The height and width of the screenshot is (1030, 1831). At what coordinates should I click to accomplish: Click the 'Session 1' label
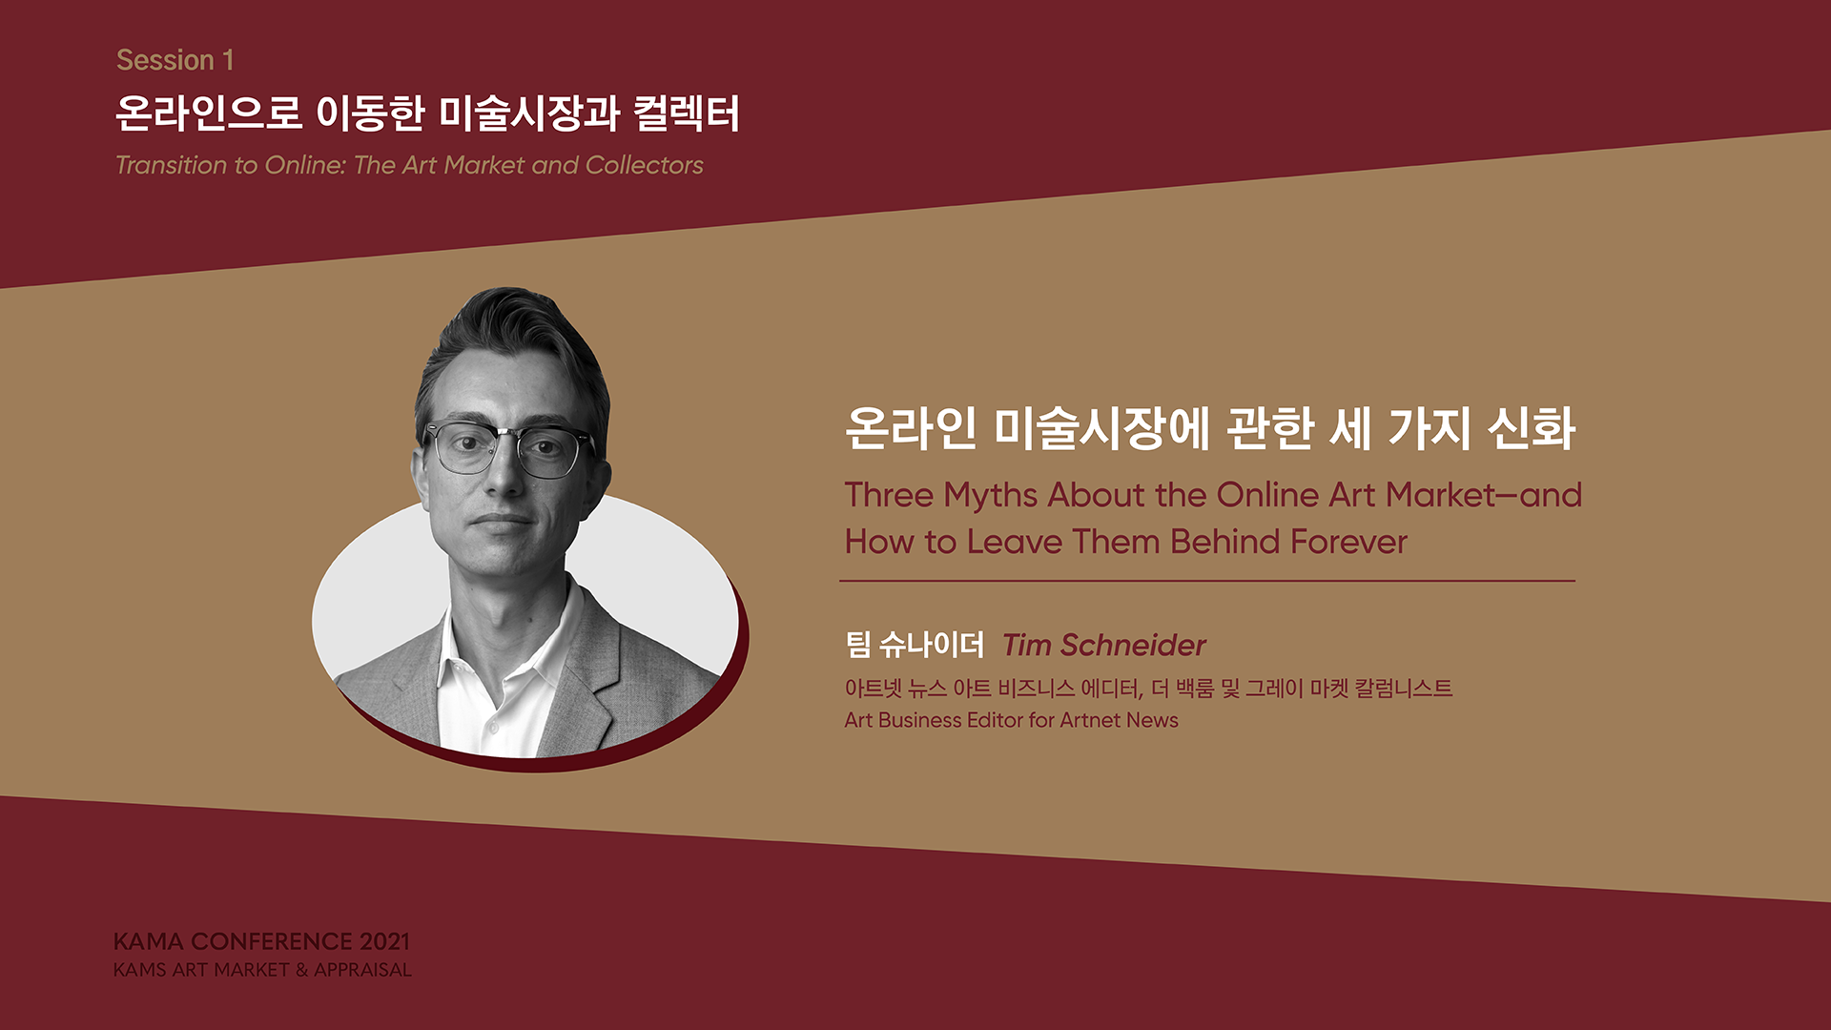175,60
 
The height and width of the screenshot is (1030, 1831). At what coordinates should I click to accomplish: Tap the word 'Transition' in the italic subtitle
173,165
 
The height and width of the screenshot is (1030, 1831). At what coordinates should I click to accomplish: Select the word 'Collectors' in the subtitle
644,165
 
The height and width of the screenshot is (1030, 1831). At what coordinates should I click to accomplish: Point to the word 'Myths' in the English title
990,496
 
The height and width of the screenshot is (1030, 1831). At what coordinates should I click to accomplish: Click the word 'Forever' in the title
1348,542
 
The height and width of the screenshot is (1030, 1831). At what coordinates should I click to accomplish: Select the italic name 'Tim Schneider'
1104,646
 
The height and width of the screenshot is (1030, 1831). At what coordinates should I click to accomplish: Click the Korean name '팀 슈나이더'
914,646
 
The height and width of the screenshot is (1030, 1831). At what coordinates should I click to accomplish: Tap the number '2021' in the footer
384,941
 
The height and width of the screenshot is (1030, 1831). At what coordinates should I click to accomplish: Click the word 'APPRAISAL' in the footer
363,970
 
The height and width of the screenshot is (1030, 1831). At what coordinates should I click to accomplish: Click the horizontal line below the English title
1207,580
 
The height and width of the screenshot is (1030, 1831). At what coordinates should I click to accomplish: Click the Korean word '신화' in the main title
1532,428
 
